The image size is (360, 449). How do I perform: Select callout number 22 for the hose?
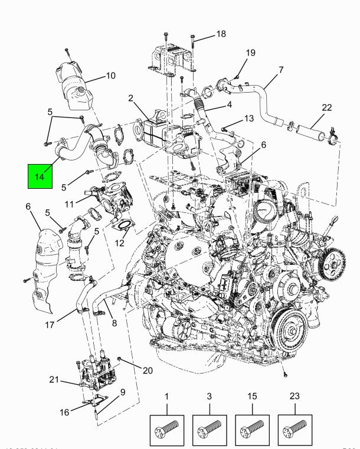point(327,107)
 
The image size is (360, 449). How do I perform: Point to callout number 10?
point(110,76)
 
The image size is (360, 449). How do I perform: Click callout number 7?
point(281,70)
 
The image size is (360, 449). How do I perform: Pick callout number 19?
point(250,53)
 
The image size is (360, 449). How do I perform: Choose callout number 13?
point(248,119)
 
